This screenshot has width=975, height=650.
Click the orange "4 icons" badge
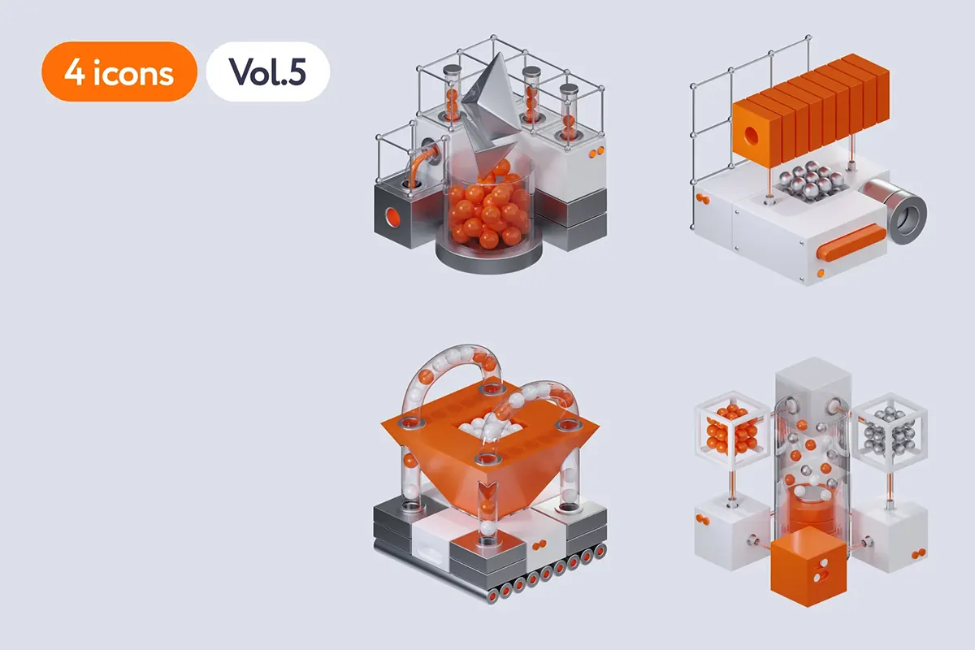tap(119, 71)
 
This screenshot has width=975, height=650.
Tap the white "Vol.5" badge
tap(267, 71)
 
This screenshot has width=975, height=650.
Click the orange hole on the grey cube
tap(392, 217)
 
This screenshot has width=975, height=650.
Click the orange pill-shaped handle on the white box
tap(851, 243)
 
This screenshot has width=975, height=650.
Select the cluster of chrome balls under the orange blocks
tap(811, 180)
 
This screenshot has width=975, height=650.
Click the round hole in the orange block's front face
tap(751, 136)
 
